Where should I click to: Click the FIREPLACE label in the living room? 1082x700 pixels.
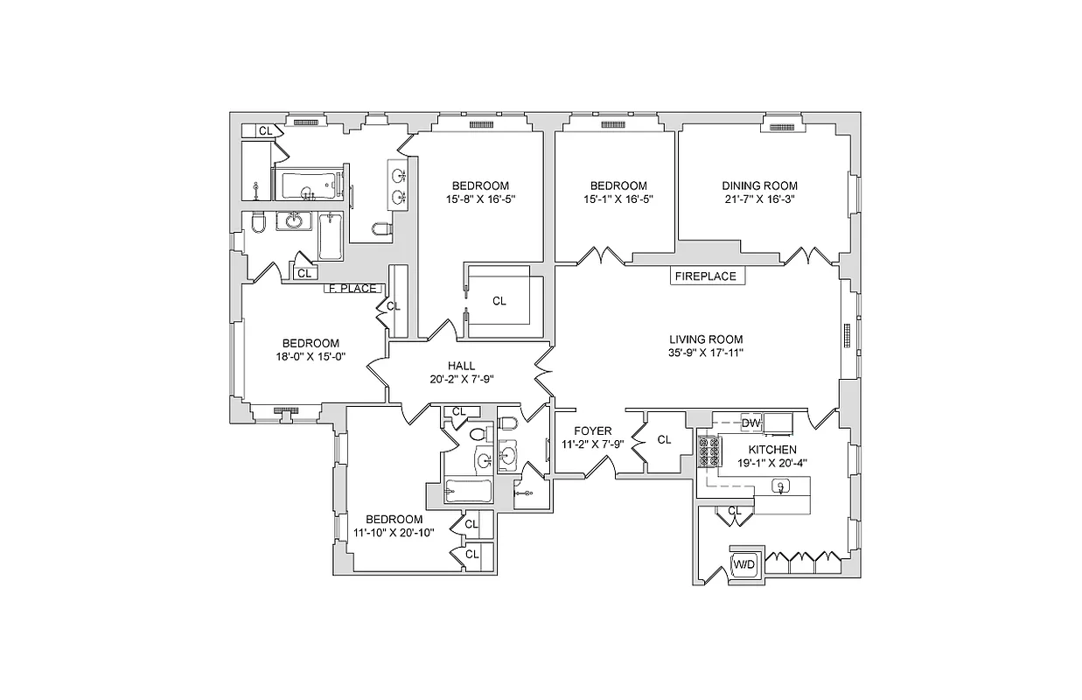pyautogui.click(x=706, y=276)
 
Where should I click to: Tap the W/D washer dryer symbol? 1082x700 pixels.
pyautogui.click(x=744, y=564)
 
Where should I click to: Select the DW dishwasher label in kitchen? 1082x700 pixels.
pyautogui.click(x=751, y=423)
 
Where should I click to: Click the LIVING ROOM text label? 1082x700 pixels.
pyautogui.click(x=705, y=339)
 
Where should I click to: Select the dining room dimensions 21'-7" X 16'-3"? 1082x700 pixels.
pyautogui.click(x=759, y=199)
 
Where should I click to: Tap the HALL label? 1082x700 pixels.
pyautogui.click(x=461, y=366)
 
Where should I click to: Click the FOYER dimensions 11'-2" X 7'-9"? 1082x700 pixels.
pyautogui.click(x=592, y=444)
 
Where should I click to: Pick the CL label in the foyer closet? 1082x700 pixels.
pyautogui.click(x=664, y=440)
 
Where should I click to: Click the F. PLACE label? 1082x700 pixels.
pyautogui.click(x=352, y=289)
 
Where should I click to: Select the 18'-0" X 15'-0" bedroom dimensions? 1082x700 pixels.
pyautogui.click(x=310, y=356)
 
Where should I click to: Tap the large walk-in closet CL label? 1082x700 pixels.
pyautogui.click(x=499, y=301)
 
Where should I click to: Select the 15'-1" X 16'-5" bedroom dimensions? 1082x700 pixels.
pyautogui.click(x=618, y=199)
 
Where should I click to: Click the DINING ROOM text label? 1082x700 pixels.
pyautogui.click(x=759, y=185)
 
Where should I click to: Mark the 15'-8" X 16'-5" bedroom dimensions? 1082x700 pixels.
pyautogui.click(x=480, y=199)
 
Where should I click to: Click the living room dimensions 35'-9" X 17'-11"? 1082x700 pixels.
pyautogui.click(x=705, y=353)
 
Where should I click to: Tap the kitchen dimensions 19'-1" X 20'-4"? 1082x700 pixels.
pyautogui.click(x=766, y=463)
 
